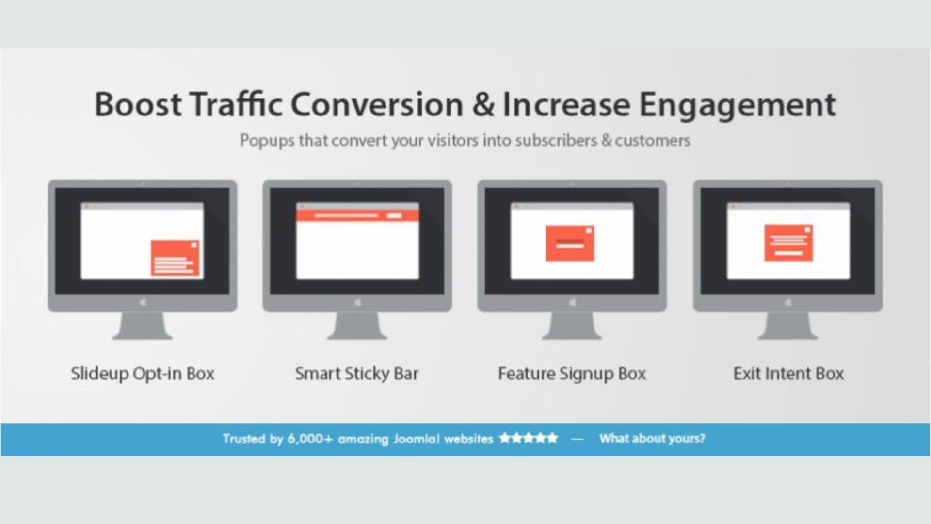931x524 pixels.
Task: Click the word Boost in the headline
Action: coord(138,104)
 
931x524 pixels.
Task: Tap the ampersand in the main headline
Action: coord(483,104)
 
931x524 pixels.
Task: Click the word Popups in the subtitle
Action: coord(267,141)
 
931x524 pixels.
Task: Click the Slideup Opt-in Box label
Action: coord(143,374)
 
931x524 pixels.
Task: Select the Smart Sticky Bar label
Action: coord(357,374)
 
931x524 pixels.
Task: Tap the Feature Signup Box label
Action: coord(572,374)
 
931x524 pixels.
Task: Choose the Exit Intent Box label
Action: coord(788,374)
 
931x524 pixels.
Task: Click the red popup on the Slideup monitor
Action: coord(175,258)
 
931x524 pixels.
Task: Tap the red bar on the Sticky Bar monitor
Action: coord(357,215)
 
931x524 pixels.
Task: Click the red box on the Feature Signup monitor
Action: coord(570,243)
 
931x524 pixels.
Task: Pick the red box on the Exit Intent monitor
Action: coord(788,243)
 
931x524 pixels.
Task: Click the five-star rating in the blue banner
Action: coord(529,439)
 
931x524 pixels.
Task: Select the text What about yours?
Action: coord(652,439)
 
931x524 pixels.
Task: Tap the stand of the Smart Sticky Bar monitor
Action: coord(357,326)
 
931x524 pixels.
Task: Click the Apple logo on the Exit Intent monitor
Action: coord(788,302)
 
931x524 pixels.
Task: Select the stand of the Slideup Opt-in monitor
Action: coord(143,326)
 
